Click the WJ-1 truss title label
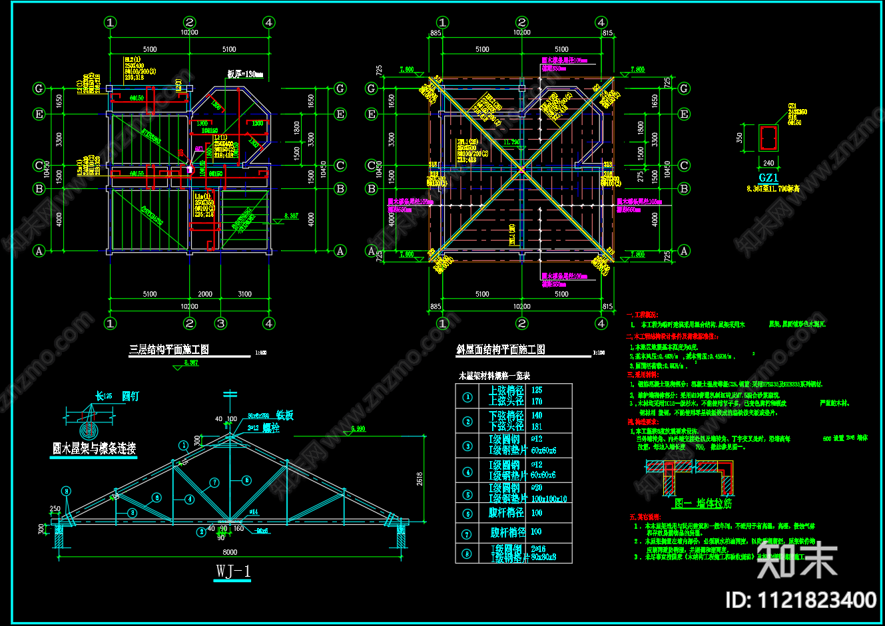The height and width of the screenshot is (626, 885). [x=233, y=571]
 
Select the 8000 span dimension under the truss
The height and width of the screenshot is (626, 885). [x=229, y=551]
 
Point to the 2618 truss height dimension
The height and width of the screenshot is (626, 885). [x=420, y=478]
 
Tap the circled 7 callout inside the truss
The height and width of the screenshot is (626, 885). [x=214, y=482]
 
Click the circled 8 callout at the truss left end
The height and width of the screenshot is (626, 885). [x=66, y=491]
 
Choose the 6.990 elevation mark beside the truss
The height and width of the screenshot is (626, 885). [x=358, y=429]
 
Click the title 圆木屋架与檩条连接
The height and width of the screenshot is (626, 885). [x=94, y=448]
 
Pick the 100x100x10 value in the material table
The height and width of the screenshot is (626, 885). [x=549, y=499]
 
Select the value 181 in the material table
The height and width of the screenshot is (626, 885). [x=537, y=426]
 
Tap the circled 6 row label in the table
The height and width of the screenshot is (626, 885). [x=467, y=513]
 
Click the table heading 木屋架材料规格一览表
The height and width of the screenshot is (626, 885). [x=493, y=376]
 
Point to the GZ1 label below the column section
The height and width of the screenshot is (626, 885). [x=768, y=178]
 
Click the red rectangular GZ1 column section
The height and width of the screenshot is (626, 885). [x=768, y=138]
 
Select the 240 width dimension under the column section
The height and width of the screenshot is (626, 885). [x=768, y=162]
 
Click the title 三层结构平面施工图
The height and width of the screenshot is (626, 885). [x=168, y=349]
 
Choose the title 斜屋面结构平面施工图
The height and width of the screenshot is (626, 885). [x=501, y=349]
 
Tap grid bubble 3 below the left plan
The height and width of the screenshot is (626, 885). [x=221, y=323]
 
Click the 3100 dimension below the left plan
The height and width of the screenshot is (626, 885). [x=244, y=293]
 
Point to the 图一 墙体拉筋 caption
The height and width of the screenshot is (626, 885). [x=704, y=504]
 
